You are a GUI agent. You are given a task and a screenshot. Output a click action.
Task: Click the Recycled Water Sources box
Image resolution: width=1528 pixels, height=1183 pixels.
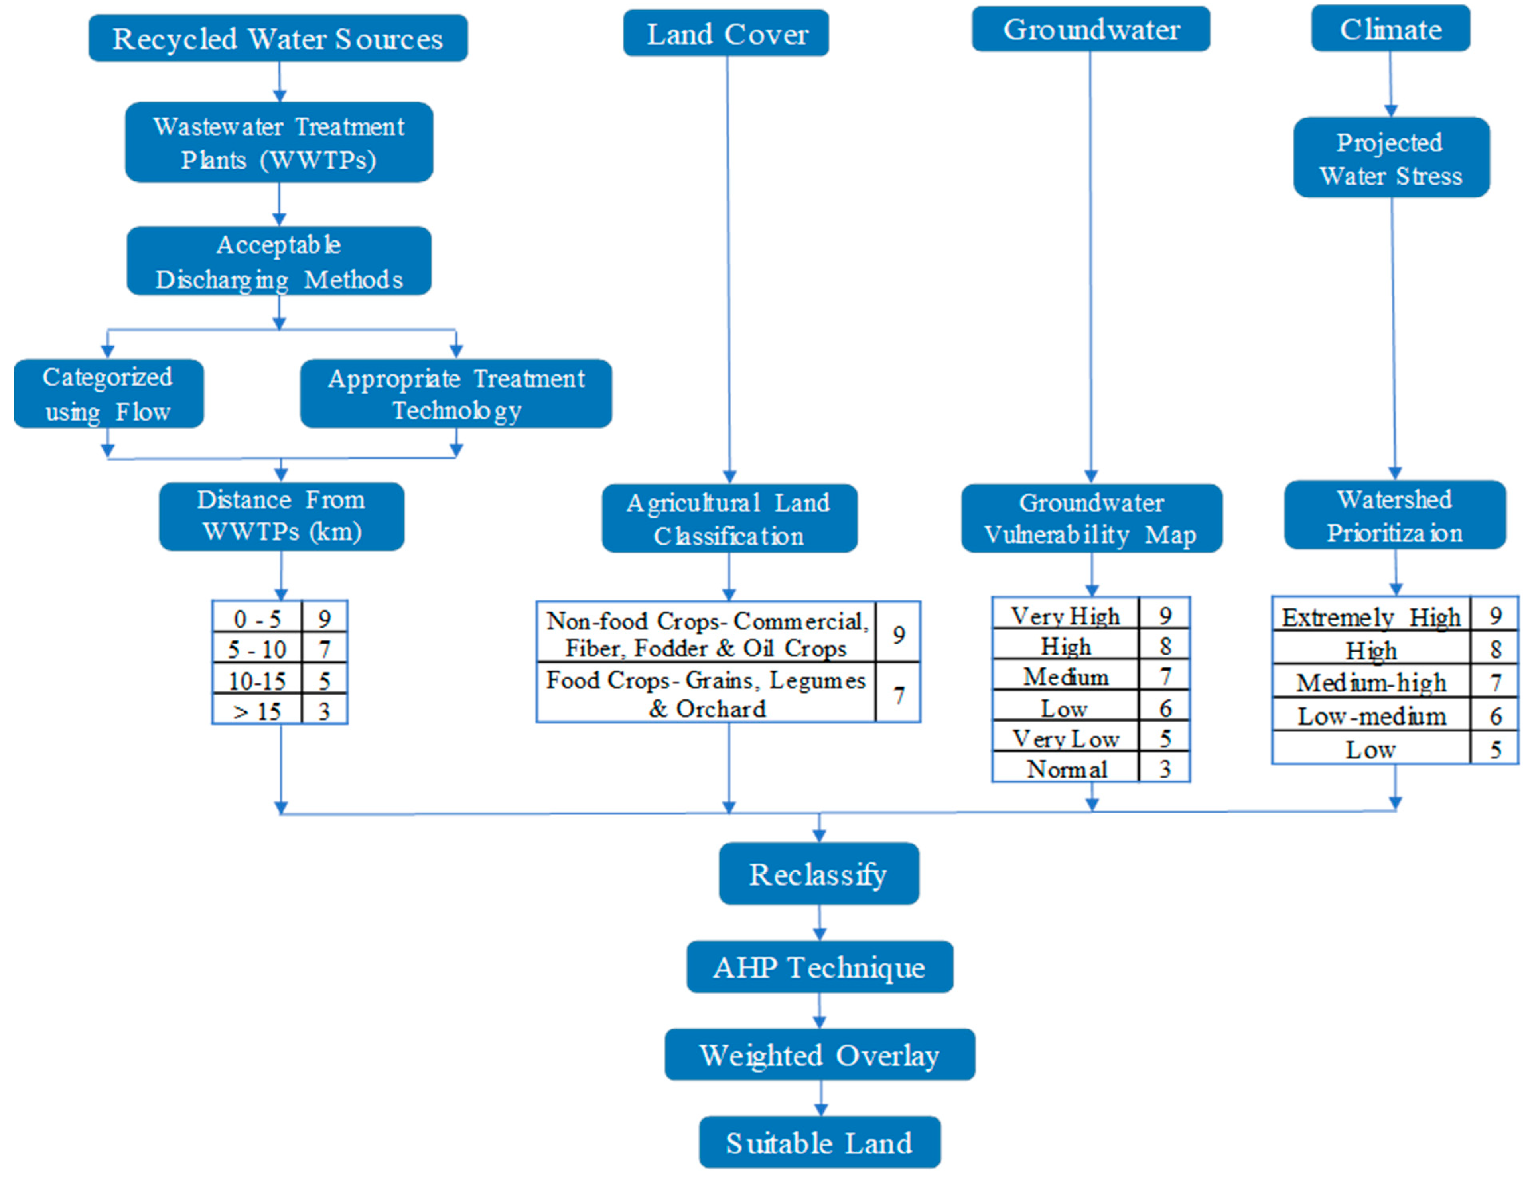coord(278,39)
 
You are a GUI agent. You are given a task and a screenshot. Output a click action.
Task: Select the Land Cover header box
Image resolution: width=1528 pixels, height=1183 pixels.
coord(726,33)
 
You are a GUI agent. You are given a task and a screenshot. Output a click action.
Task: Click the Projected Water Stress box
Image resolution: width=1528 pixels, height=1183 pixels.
coord(1391,158)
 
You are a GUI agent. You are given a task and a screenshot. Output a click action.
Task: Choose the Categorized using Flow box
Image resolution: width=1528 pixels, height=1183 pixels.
coord(108,394)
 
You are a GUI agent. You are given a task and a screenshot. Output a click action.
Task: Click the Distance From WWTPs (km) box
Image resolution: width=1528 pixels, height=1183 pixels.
coord(281,516)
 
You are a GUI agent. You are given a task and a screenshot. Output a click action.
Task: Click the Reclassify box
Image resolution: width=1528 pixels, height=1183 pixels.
coord(818,874)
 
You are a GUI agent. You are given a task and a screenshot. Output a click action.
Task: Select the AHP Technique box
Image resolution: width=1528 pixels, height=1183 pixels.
coord(819,967)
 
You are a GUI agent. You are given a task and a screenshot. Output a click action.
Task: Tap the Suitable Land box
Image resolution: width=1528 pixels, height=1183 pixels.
coord(819,1142)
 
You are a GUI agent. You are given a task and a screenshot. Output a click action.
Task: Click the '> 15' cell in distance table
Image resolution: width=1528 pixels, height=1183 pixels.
coord(257,711)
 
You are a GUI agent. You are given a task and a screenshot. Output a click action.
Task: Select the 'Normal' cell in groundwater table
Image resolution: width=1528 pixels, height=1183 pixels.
coord(1066,769)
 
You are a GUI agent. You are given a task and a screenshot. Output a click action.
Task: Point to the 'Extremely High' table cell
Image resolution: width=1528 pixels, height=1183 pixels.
coord(1370,617)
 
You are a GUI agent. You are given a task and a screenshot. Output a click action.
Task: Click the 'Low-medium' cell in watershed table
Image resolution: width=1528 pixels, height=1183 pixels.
coord(1370,716)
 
